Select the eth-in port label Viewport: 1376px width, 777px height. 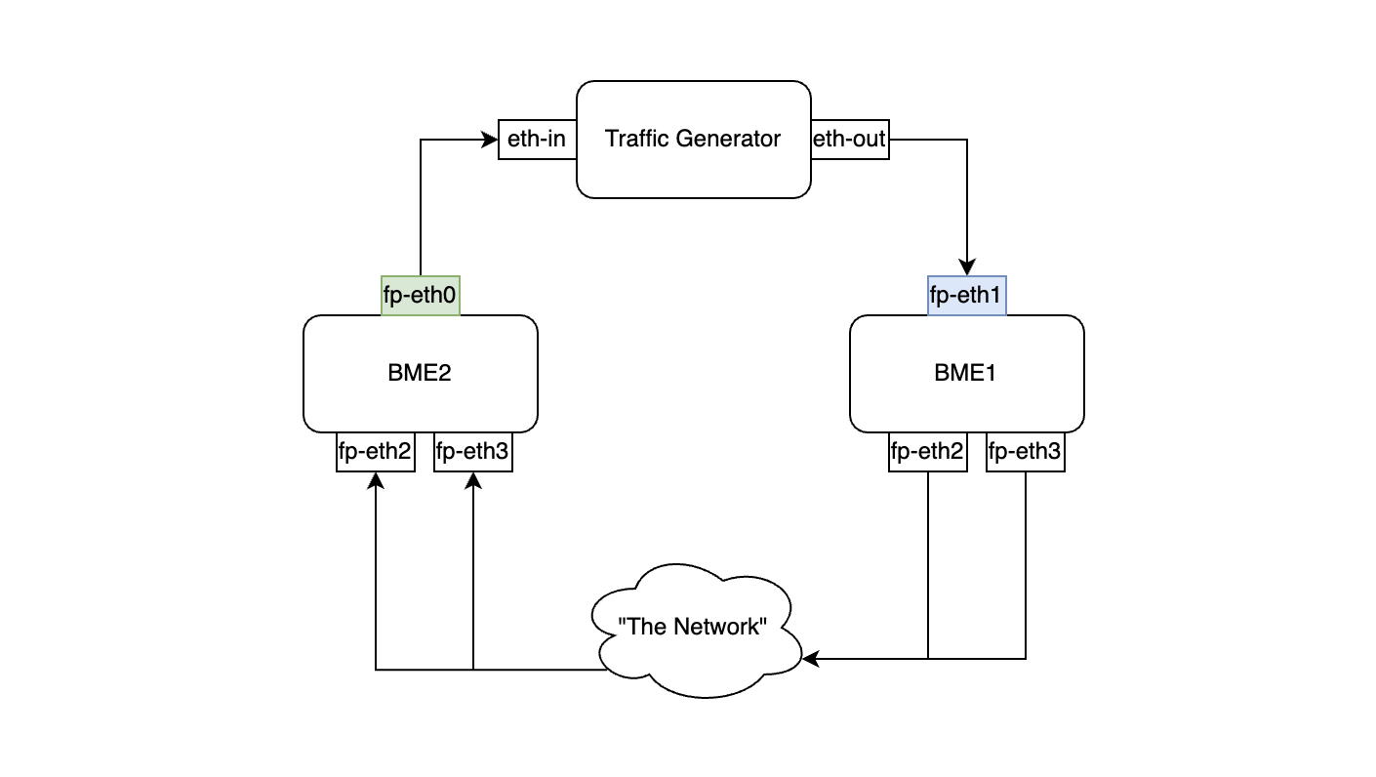coord(537,140)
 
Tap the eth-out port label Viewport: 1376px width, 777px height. coord(850,140)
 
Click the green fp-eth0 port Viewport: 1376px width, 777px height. coord(420,296)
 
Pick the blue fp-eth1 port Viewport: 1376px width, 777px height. coord(966,296)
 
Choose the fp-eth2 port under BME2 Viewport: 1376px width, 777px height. coord(375,452)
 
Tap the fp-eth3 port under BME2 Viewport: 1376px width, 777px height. coord(472,452)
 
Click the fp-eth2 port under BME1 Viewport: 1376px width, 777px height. coord(927,452)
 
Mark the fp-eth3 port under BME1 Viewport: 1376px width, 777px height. coord(1025,452)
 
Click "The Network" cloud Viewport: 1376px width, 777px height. coord(695,630)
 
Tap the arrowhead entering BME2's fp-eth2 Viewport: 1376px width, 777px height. coord(375,479)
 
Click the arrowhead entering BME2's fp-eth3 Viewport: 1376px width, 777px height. coord(472,479)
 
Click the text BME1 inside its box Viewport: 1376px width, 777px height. coord(966,373)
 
